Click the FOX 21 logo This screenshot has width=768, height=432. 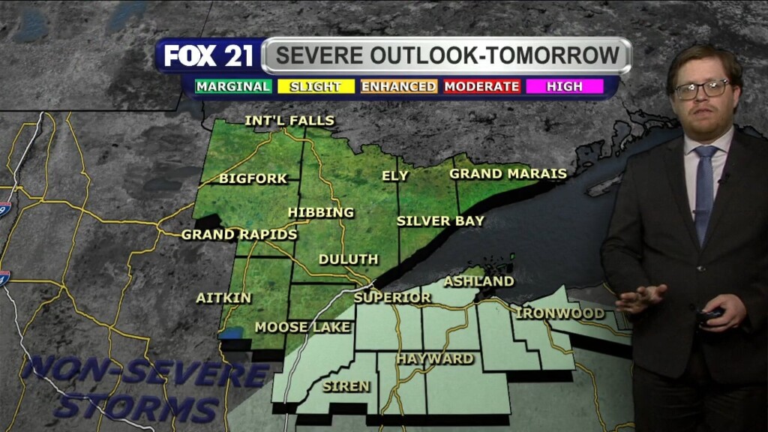pyautogui.click(x=208, y=56)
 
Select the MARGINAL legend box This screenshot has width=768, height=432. pyautogui.click(x=233, y=86)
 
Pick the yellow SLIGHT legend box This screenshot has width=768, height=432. pyautogui.click(x=315, y=86)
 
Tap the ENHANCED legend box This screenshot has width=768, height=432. pyautogui.click(x=398, y=86)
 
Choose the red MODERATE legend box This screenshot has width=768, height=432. pyautogui.click(x=481, y=86)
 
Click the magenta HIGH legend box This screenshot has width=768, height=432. pyautogui.click(x=564, y=86)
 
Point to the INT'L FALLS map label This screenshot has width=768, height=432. pyautogui.click(x=289, y=121)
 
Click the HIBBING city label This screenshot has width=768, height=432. pyautogui.click(x=320, y=212)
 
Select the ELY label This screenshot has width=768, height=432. pyautogui.click(x=395, y=176)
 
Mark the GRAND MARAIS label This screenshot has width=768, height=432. pyautogui.click(x=508, y=174)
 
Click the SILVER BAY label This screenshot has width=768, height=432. pyautogui.click(x=440, y=221)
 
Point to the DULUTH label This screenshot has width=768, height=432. pyautogui.click(x=348, y=259)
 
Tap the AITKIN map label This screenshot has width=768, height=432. pyautogui.click(x=223, y=298)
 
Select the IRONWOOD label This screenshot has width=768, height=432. pyautogui.click(x=560, y=313)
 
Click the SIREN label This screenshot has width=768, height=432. pyautogui.click(x=346, y=386)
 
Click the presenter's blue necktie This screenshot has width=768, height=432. pyautogui.click(x=704, y=191)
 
